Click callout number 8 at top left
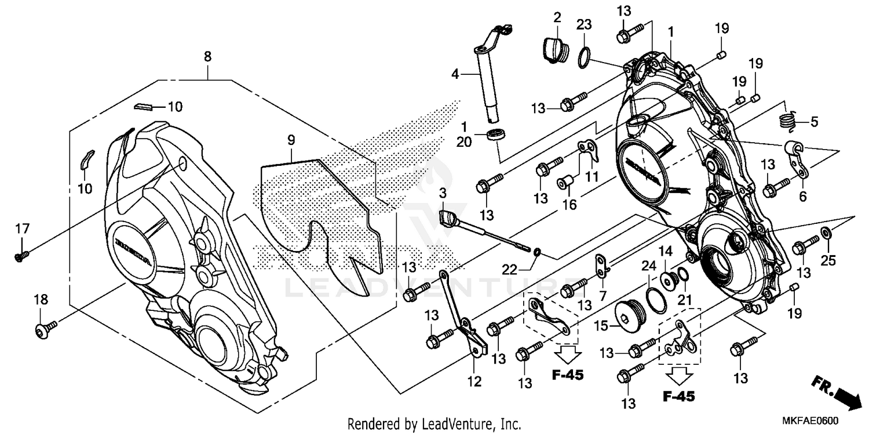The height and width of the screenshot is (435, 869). pyautogui.click(x=207, y=56)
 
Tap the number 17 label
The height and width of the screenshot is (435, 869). pyautogui.click(x=22, y=230)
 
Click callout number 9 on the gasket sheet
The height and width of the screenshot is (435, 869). pyautogui.click(x=291, y=140)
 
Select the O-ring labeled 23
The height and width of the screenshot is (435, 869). pyautogui.click(x=584, y=58)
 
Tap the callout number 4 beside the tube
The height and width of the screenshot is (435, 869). pyautogui.click(x=455, y=74)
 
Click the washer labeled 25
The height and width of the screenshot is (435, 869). pyautogui.click(x=827, y=235)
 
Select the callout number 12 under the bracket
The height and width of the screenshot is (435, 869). pyautogui.click(x=474, y=382)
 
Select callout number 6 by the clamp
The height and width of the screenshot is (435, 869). pyautogui.click(x=803, y=197)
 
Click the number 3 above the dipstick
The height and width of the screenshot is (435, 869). pyautogui.click(x=443, y=192)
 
